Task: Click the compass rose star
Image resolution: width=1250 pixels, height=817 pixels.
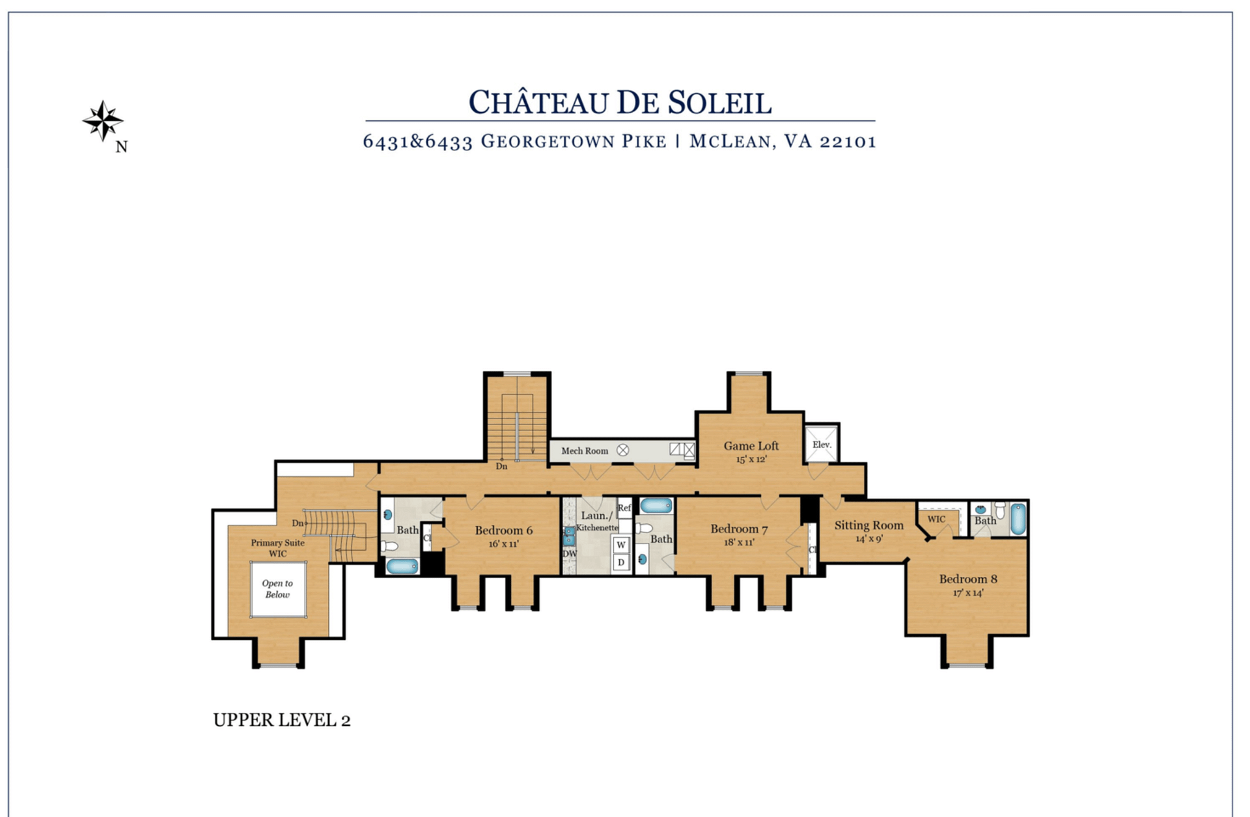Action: [x=103, y=121]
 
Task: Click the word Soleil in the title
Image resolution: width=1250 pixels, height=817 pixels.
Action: [x=720, y=103]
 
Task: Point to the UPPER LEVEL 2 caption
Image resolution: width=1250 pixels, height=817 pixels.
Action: [x=282, y=720]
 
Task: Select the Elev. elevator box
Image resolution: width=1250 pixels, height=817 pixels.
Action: [x=822, y=444]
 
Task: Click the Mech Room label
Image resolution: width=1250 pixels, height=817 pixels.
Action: [x=585, y=450]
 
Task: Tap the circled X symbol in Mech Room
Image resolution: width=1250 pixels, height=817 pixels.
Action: [x=623, y=450]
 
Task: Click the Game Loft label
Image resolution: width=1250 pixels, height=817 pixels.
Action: [x=751, y=446]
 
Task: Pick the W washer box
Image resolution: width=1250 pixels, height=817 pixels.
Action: [x=621, y=544]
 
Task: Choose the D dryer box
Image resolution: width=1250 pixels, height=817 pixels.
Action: [x=621, y=562]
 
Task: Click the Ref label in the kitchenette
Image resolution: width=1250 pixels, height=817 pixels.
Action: [x=624, y=508]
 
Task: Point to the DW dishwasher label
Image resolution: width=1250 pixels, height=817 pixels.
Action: [x=570, y=553]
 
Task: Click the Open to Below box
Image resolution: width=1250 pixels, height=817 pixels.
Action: [x=278, y=589]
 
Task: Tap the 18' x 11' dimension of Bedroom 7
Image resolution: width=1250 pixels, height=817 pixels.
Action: [x=739, y=542]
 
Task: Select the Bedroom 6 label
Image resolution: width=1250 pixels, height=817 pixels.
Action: [x=504, y=531]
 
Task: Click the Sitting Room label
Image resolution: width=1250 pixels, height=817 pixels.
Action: [x=869, y=525]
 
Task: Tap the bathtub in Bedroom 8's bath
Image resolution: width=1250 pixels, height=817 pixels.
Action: [x=1018, y=519]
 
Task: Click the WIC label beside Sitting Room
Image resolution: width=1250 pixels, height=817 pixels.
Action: [x=936, y=519]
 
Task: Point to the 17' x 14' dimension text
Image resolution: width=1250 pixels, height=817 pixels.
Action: [x=968, y=592]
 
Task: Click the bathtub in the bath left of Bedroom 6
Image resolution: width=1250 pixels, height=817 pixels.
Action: [x=402, y=566]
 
